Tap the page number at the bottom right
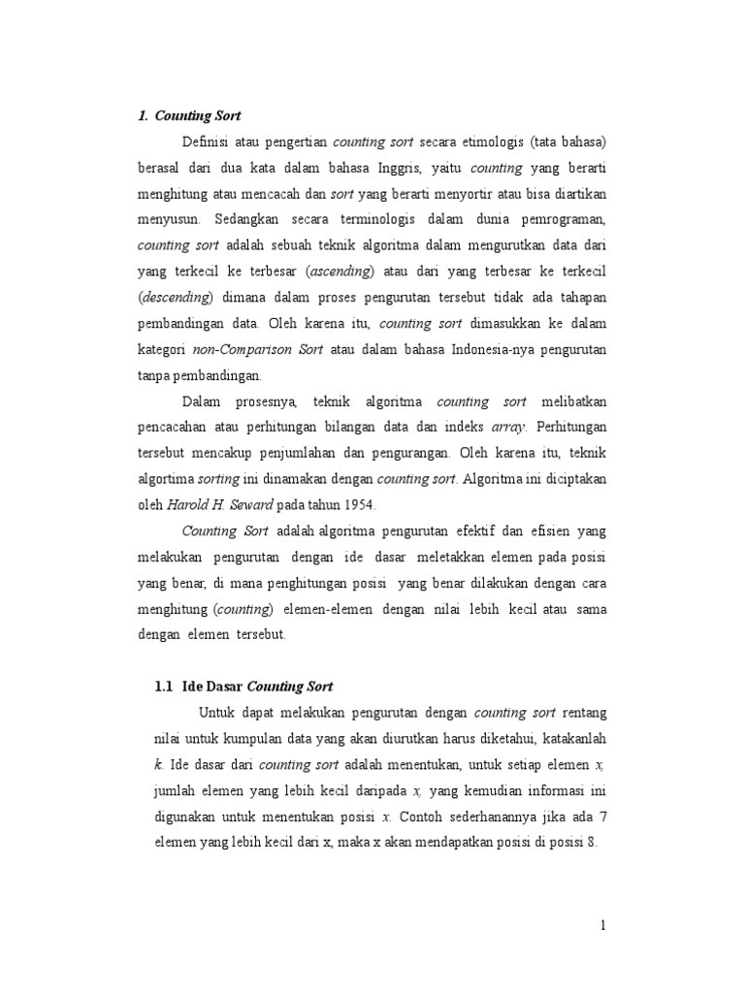coord(602,926)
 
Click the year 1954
coord(358,505)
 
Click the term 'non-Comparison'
coord(246,349)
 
